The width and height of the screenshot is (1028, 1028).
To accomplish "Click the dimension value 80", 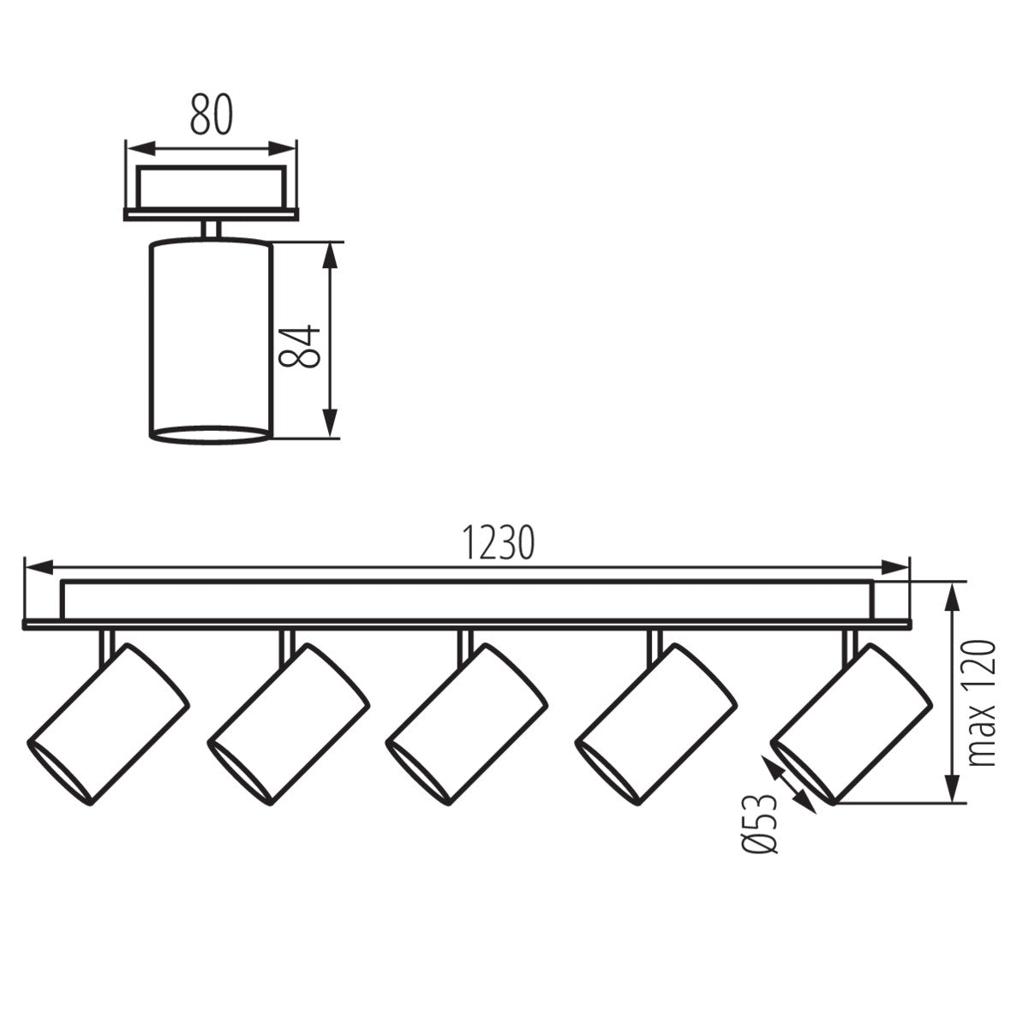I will [x=211, y=115].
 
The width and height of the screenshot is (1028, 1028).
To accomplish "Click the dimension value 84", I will [x=302, y=346].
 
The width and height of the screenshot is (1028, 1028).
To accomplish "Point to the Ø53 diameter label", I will [x=761, y=823].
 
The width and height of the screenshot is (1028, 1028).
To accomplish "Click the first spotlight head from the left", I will [x=110, y=724].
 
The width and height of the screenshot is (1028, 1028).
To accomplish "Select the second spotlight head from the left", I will [x=290, y=724].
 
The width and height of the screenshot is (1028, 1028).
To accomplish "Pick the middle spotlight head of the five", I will [x=467, y=724].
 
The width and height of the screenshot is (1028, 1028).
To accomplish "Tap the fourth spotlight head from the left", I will [x=656, y=724].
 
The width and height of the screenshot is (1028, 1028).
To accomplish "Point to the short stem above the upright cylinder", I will [x=211, y=230].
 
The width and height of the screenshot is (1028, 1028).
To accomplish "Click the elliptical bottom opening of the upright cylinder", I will [x=211, y=434].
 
